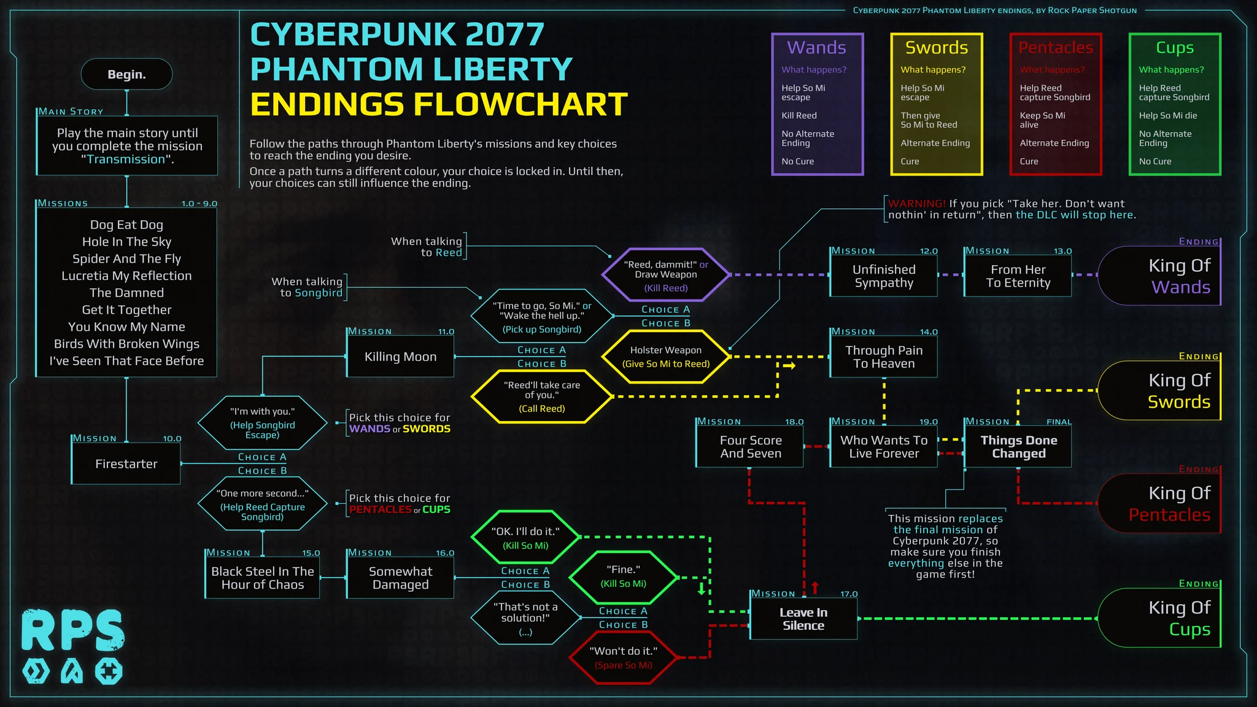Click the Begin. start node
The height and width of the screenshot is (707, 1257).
pyautogui.click(x=126, y=74)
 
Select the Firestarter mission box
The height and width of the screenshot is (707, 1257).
pyautogui.click(x=126, y=464)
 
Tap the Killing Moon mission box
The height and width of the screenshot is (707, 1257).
pyautogui.click(x=400, y=357)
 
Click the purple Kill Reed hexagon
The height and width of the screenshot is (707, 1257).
pyautogui.click(x=666, y=275)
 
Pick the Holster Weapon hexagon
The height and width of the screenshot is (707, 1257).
pyautogui.click(x=666, y=357)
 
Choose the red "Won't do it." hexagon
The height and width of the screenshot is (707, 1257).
pyautogui.click(x=623, y=657)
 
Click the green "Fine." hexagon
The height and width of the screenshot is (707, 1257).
pyautogui.click(x=623, y=576)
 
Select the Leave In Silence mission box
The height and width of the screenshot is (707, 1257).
pyautogui.click(x=803, y=619)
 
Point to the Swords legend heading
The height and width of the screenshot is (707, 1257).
pyautogui.click(x=937, y=47)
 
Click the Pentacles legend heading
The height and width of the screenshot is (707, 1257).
pyautogui.click(x=1056, y=47)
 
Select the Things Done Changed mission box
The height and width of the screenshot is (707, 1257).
pyautogui.click(x=1018, y=447)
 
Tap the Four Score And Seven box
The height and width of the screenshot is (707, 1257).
pyautogui.click(x=750, y=447)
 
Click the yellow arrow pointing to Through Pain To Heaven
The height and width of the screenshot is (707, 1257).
pyautogui.click(x=789, y=366)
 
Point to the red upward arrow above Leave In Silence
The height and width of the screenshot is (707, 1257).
pyautogui.click(x=815, y=587)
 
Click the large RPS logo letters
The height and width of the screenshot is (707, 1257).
pyautogui.click(x=73, y=630)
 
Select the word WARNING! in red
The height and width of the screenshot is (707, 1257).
pyautogui.click(x=917, y=204)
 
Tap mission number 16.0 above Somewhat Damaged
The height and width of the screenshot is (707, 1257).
pyautogui.click(x=445, y=553)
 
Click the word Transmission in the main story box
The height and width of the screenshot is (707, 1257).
pyautogui.click(x=126, y=160)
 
